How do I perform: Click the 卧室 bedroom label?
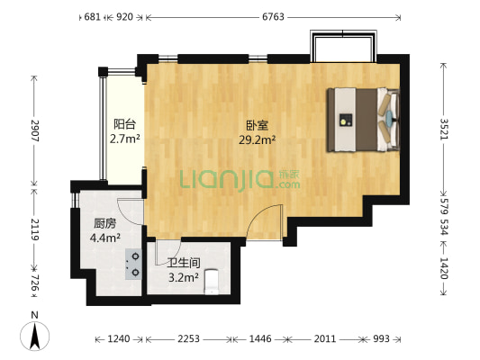tap(257, 126)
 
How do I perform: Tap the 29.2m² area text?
tap(257, 140)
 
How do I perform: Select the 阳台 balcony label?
tap(124, 125)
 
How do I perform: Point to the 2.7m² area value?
tap(124, 139)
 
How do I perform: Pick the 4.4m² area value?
tap(105, 238)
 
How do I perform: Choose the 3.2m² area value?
tap(183, 277)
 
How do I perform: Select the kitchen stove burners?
tap(134, 263)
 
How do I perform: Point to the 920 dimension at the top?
tap(125, 16)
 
